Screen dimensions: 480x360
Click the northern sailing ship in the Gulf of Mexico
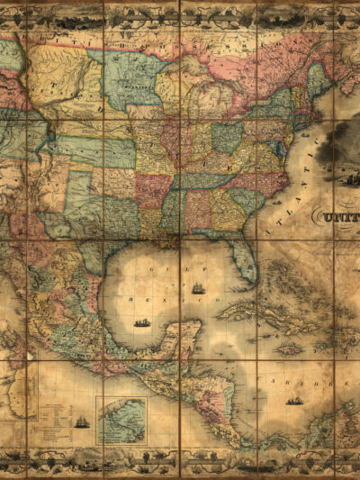tap(197, 288)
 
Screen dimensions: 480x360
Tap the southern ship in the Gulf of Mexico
tap(142, 322)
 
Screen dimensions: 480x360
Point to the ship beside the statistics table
tap(81, 421)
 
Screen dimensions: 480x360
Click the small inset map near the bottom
tap(121, 421)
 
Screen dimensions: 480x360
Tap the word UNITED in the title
tap(337, 216)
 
